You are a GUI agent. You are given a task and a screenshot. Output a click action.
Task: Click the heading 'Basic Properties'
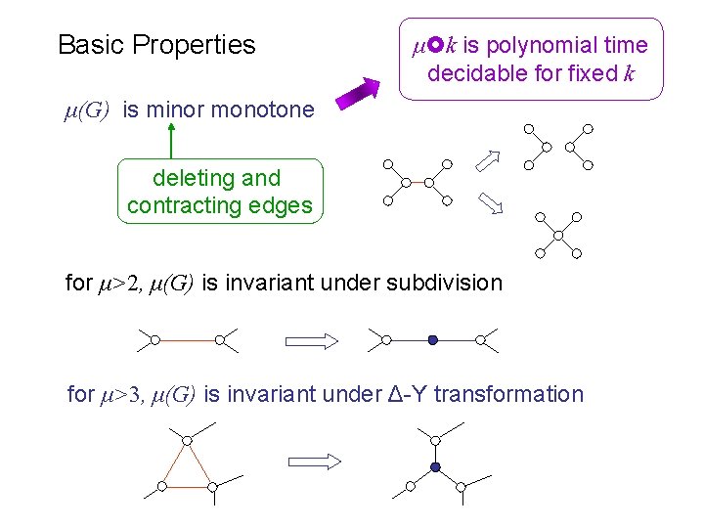point(156,45)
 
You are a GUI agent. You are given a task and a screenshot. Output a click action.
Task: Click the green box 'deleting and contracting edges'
point(219,192)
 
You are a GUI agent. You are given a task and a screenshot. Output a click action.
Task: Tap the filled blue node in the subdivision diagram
point(432,340)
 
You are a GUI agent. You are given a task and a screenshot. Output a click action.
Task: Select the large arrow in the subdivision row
point(311,340)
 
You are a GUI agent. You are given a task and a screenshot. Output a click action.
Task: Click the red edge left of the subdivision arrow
point(184,340)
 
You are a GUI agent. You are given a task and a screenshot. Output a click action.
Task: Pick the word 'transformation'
point(507,394)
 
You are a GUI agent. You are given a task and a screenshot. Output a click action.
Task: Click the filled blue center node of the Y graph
point(436,466)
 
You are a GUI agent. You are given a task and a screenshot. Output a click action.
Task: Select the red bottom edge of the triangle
point(187,486)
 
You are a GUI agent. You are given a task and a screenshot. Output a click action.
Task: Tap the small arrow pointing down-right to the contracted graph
point(490,202)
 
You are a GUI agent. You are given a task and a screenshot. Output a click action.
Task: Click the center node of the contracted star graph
point(557,235)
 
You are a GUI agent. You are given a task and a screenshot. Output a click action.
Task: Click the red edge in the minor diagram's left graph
point(418,182)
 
